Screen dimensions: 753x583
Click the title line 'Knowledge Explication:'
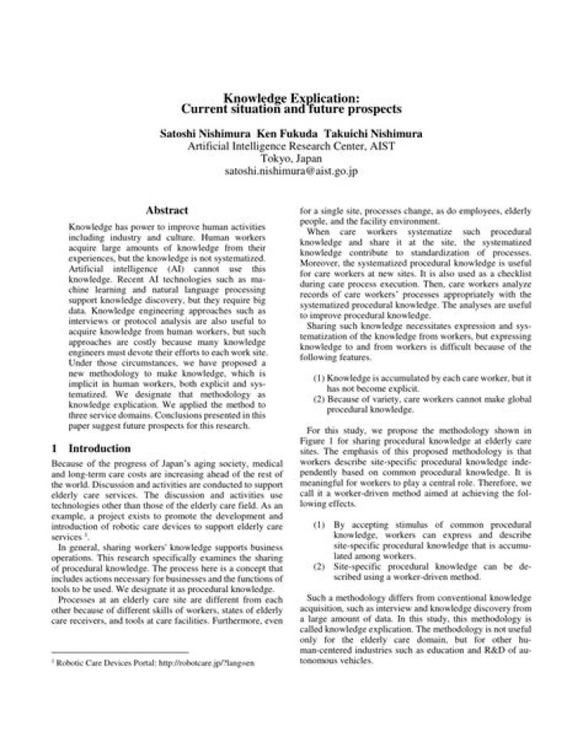click(x=291, y=97)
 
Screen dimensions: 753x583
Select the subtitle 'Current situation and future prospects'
click(x=291, y=108)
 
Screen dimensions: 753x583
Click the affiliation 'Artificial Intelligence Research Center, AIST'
click(x=291, y=146)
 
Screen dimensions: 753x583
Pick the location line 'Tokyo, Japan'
click(x=291, y=159)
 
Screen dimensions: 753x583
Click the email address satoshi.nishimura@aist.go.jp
click(x=291, y=172)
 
